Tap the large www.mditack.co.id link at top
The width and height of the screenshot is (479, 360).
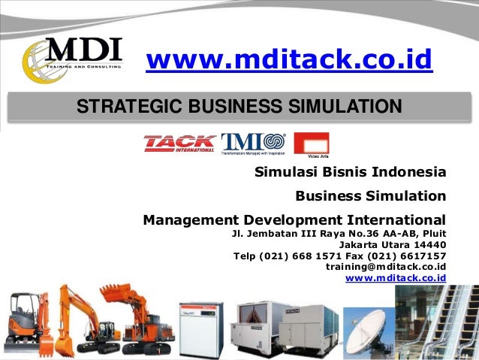click(x=289, y=60)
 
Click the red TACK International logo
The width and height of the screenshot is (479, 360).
click(x=179, y=143)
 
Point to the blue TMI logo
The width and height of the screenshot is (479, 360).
click(x=253, y=143)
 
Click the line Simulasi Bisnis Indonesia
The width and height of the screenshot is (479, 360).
click(x=351, y=172)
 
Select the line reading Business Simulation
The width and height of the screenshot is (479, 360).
click(x=370, y=196)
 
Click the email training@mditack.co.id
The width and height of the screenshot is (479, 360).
click(x=386, y=267)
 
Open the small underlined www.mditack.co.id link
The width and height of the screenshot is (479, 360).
click(x=396, y=278)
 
